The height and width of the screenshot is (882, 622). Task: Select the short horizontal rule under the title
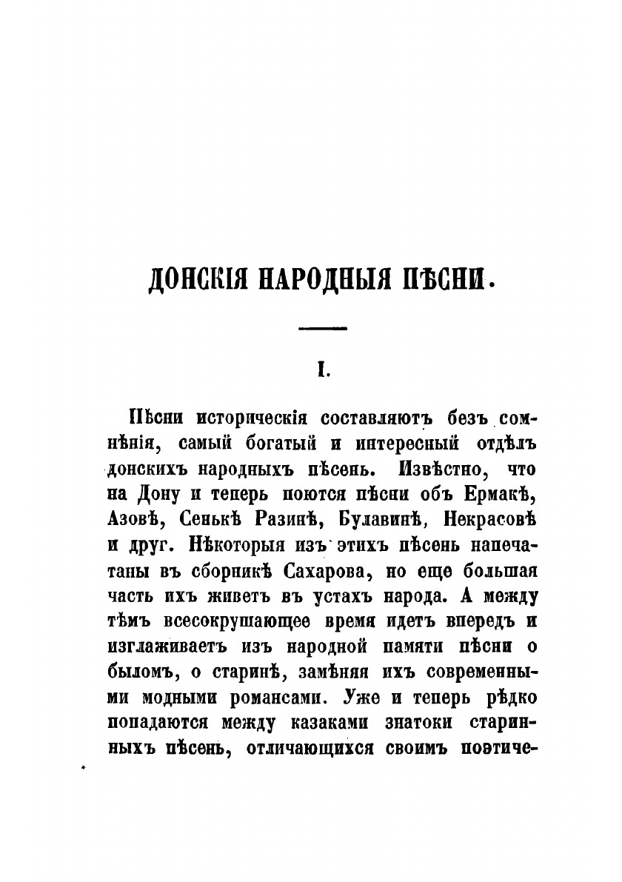(321, 327)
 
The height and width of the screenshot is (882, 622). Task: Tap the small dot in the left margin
(84, 769)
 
